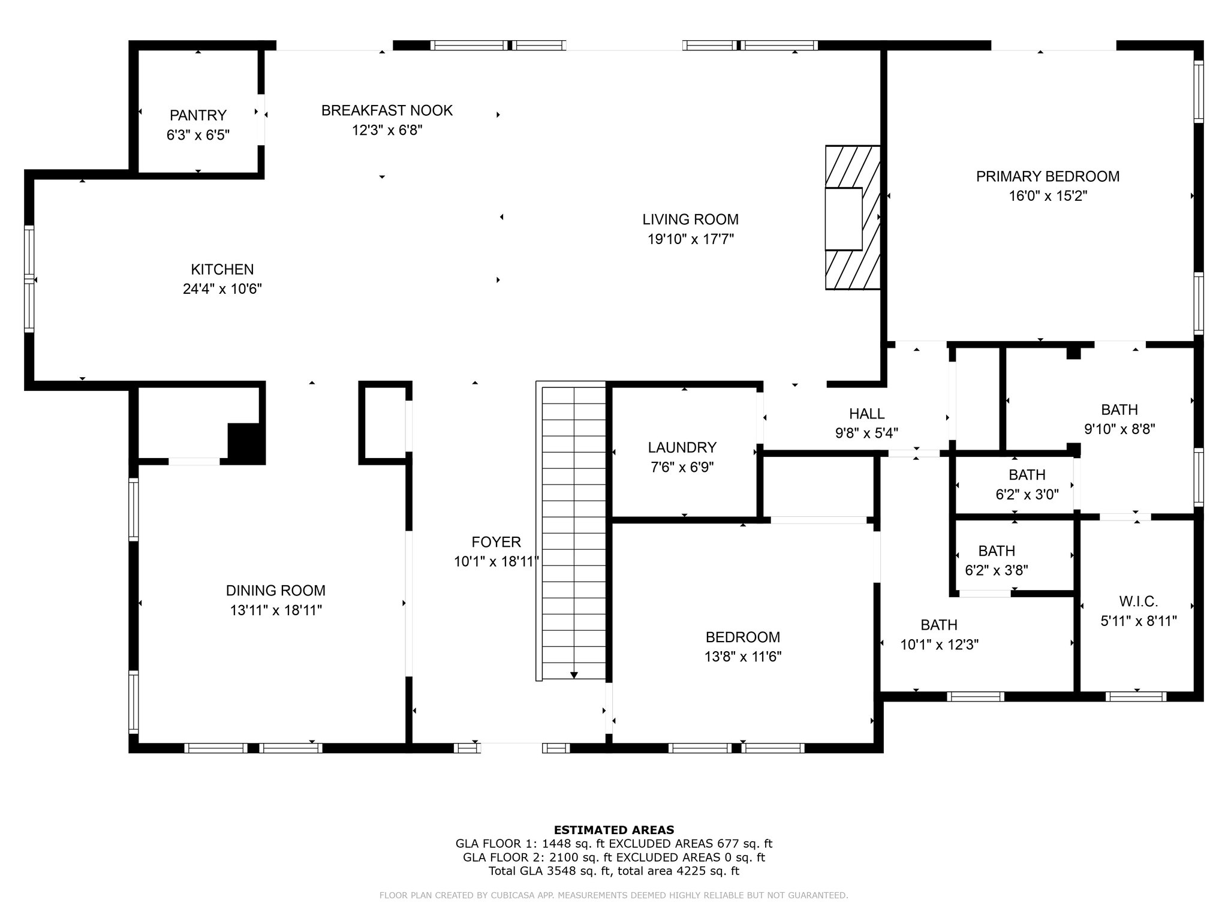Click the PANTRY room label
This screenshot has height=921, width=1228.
[x=198, y=115]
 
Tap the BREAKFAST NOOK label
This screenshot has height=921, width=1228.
[x=387, y=110]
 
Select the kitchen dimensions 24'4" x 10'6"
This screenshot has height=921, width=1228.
[x=222, y=289]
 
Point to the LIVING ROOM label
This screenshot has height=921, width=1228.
[x=691, y=219]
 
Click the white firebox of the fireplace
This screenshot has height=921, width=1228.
[x=844, y=219]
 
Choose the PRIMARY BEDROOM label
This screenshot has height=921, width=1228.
[x=1048, y=176]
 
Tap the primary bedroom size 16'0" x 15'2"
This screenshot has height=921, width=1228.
[x=1048, y=196]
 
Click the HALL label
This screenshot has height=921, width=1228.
[x=866, y=413]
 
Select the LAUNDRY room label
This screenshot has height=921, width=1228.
[x=682, y=447]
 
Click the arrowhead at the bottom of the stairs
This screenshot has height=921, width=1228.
[x=574, y=675]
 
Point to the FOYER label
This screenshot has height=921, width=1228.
[x=496, y=542]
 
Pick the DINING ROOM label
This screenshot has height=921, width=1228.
[x=276, y=591]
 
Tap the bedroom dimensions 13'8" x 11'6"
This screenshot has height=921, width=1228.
[x=743, y=657]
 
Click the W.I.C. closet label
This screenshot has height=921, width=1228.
[x=1138, y=601]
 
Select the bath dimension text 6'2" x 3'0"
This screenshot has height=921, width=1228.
[x=1027, y=495]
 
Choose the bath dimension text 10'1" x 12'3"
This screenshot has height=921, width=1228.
[x=940, y=645]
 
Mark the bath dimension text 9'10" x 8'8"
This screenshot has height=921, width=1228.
[x=1119, y=429]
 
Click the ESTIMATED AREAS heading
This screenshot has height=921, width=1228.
[x=614, y=830]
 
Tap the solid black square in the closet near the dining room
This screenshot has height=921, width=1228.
[x=246, y=444]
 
